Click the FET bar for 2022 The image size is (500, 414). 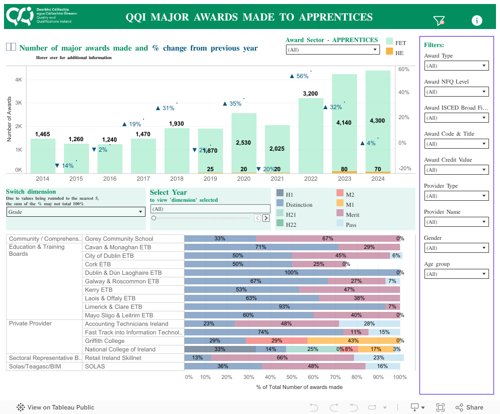point(310,135)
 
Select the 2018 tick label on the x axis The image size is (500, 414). point(176,179)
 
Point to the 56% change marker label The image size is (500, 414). point(299,76)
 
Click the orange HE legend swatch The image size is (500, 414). point(389,52)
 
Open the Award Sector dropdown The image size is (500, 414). point(333,50)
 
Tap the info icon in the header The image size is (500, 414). point(477,20)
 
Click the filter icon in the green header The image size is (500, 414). point(438,21)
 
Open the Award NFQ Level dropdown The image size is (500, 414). point(456,92)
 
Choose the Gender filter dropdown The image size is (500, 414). point(456,248)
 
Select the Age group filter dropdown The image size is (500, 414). point(456,274)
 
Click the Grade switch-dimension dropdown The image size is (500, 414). point(76,212)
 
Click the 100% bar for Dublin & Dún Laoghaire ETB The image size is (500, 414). point(292,273)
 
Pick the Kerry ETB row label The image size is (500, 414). point(98,290)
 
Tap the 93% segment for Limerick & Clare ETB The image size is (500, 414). point(285,307)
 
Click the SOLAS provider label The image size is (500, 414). point(95,366)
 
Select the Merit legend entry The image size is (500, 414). point(352,215)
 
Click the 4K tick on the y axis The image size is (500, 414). point(18,80)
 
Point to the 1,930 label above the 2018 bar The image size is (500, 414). point(176,124)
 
